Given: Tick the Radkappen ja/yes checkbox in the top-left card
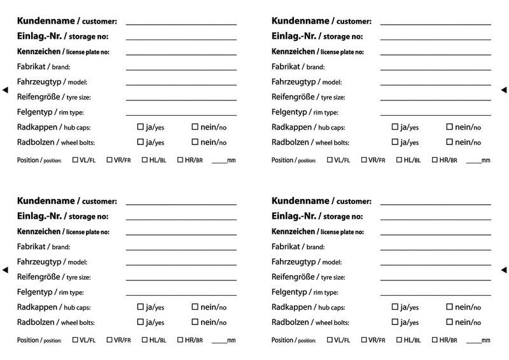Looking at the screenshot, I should pyautogui.click(x=141, y=127).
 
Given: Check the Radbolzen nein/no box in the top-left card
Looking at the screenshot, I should pyautogui.click(x=195, y=142).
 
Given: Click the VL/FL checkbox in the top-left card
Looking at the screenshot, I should pyautogui.click(x=75, y=160).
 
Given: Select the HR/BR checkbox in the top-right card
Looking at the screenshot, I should pyautogui.click(x=435, y=160).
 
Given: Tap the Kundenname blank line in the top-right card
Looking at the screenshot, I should pyautogui.click(x=435, y=24).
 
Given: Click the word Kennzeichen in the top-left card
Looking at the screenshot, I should pyautogui.click(x=39, y=52).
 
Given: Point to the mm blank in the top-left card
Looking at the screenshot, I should pyautogui.click(x=219, y=162).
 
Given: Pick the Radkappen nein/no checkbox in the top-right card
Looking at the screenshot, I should pyautogui.click(x=449, y=127).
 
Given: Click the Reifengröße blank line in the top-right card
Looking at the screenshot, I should pyautogui.click(x=435, y=100).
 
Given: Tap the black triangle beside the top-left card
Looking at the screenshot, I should pyautogui.click(x=6, y=90).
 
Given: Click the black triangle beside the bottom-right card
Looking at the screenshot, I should pyautogui.click(x=503, y=270).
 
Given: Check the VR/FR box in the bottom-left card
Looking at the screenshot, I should pyautogui.click(x=109, y=340).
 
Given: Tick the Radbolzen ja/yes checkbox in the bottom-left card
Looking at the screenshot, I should pyautogui.click(x=141, y=322).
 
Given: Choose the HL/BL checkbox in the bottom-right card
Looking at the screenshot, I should pyautogui.click(x=399, y=340).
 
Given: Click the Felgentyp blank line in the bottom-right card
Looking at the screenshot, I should pyautogui.click(x=435, y=295).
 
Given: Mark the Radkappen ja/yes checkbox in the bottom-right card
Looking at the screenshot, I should pyautogui.click(x=394, y=307).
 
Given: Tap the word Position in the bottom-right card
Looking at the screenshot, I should pyautogui.click(x=282, y=340).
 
